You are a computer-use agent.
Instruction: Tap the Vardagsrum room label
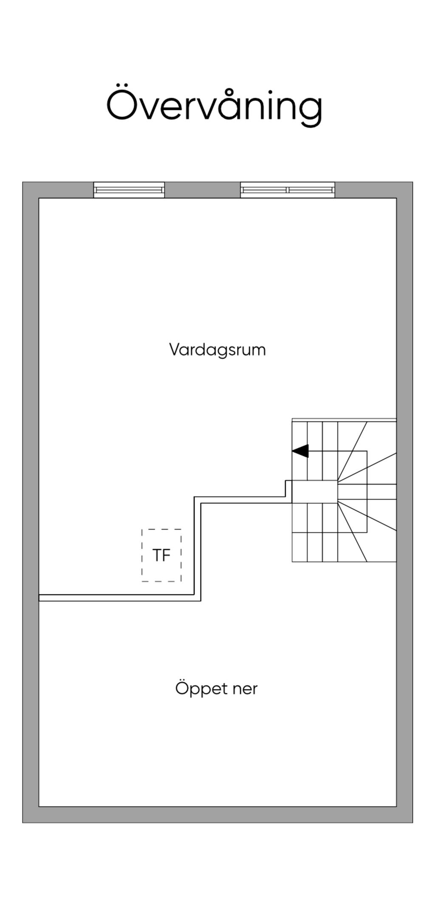point(217,350)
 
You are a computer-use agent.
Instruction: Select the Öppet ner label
point(216,688)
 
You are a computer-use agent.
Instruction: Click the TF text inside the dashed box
point(161,555)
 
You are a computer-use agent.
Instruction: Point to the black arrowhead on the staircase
point(301,451)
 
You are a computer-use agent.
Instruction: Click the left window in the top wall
point(129,190)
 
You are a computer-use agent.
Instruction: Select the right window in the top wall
point(288,190)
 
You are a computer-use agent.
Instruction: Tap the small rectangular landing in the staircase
point(315,492)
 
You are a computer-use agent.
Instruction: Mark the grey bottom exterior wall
point(217,814)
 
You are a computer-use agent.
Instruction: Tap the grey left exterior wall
point(31,501)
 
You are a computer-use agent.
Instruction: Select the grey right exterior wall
point(404,501)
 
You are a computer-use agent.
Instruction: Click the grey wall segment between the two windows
point(203,190)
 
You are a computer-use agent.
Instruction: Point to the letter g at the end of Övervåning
point(310,109)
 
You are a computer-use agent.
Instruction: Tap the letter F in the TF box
point(166,555)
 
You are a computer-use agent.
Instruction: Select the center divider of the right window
point(288,190)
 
